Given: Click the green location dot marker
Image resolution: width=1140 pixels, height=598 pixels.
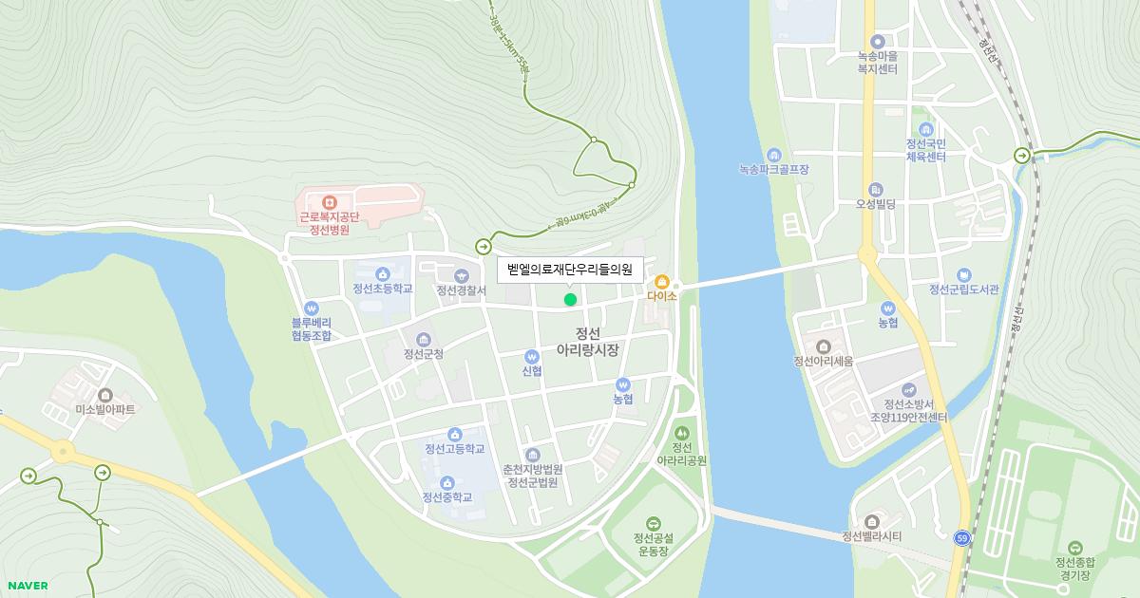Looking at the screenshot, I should coord(570,300).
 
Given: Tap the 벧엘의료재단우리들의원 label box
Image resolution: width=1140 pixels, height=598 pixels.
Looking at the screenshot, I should coord(570,270).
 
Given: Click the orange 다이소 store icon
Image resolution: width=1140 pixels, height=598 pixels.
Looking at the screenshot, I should coord(662,282).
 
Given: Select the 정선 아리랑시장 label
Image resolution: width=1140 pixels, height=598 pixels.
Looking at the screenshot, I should coord(588,342).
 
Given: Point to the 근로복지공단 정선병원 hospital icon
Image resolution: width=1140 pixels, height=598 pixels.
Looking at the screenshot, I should coord(330,202).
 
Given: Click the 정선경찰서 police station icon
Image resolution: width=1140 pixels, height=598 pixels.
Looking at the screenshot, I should coord(462,276).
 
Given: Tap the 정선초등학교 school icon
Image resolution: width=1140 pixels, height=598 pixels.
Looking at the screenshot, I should coord(383,274).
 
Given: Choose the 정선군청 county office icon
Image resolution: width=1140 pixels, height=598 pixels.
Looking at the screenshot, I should coord(424,340).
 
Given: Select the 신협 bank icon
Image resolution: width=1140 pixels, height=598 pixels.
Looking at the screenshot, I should coord(532,357).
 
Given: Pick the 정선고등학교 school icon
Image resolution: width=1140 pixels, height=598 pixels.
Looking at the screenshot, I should coord(455,435).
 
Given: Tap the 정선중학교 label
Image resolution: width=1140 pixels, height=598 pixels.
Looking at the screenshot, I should coord(447,496).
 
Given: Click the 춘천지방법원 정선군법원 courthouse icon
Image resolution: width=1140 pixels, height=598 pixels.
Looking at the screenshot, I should coord(533,456).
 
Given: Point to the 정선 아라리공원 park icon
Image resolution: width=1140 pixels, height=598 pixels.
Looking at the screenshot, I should coord(681,434).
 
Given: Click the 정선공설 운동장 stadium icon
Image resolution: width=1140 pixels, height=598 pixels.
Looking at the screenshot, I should coord(653,524).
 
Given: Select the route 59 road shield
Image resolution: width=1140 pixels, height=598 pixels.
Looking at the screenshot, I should coord(962,537).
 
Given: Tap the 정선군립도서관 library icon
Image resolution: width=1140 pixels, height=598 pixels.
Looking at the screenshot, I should coord(964,275).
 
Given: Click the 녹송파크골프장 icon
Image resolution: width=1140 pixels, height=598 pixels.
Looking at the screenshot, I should coord(773,156).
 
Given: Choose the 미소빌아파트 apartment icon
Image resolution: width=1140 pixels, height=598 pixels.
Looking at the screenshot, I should coord(105,395).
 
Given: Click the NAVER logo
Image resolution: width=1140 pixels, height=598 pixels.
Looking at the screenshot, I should coord(27,586).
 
